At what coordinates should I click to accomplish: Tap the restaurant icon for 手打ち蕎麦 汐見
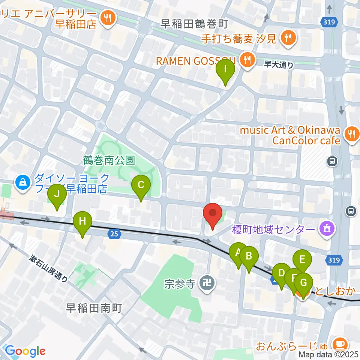tap(288, 37)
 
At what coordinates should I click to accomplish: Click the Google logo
tap(25, 351)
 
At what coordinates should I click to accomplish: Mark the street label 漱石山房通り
tap(49, 268)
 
